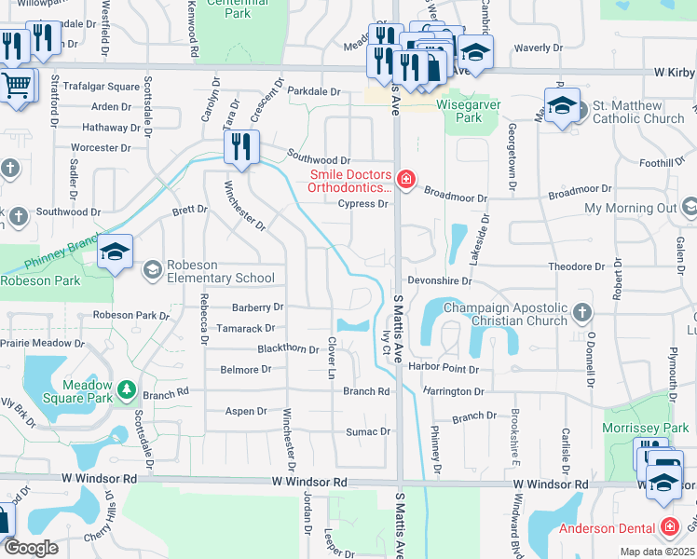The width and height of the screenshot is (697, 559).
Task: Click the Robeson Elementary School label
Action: pos(221,278)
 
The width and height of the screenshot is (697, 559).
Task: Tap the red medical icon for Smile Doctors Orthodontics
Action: pos(405,180)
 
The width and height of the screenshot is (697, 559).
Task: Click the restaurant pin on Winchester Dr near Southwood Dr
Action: pos(240,147)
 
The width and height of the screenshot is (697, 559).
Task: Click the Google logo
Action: pos(31,548)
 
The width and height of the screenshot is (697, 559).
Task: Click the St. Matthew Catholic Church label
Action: pos(638,113)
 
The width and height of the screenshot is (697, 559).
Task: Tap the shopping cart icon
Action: pos(17,86)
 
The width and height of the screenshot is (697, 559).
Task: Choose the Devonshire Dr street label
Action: pos(441,279)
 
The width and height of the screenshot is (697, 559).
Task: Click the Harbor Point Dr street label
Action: pos(444,369)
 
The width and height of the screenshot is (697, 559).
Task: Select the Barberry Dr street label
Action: pos(257,307)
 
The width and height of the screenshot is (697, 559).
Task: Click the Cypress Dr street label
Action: pos(362,204)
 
